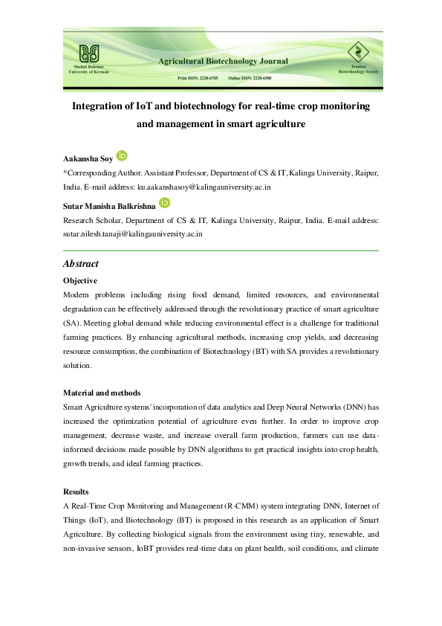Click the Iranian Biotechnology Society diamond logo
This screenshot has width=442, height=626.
click(x=353, y=53)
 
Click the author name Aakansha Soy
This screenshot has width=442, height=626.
click(x=87, y=158)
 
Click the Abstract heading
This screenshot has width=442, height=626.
click(x=80, y=264)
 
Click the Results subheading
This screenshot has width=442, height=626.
click(x=77, y=492)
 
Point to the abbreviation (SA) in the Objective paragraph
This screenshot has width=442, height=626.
click(x=72, y=324)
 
